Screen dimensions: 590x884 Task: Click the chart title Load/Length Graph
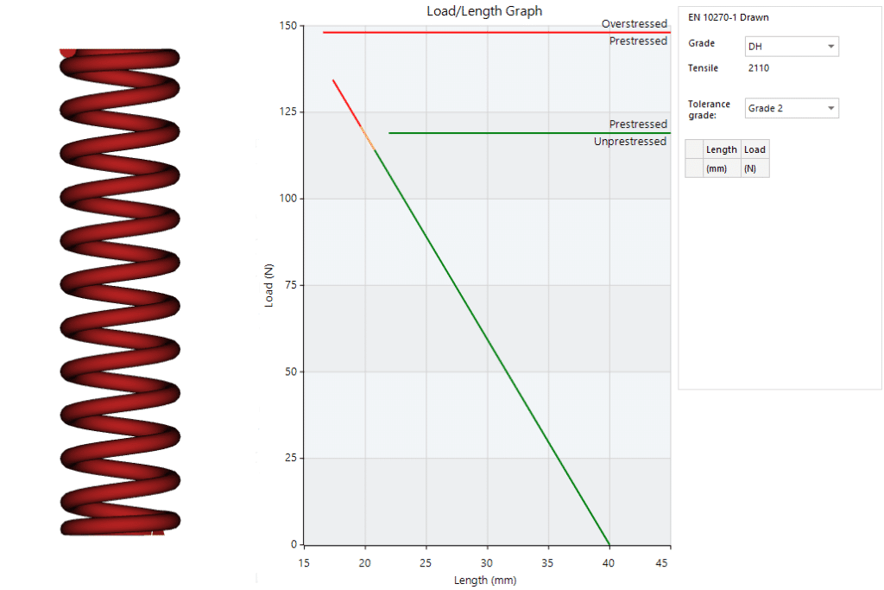coord(484,11)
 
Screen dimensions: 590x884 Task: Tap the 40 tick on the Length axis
coord(609,563)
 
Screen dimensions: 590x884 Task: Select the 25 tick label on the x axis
coord(426,563)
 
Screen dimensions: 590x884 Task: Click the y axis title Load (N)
coord(268,285)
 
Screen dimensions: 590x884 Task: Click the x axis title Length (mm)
coord(486,580)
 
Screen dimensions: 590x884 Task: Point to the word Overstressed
coord(634,24)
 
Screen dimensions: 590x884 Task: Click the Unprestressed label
coord(629,142)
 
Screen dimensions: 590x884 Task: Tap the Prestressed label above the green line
coord(638,124)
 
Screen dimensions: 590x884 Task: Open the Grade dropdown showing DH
coord(791,47)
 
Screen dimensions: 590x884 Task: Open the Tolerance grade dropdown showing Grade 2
coord(791,108)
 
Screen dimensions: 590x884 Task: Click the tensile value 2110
coord(759,68)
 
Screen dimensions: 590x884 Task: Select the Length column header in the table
coord(721,149)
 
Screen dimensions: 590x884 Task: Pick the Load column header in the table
coord(755,149)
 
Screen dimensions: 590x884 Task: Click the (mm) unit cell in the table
coord(717,168)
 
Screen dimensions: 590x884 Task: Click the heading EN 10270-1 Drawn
coord(728,17)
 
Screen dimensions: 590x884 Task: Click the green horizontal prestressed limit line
coord(518,133)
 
